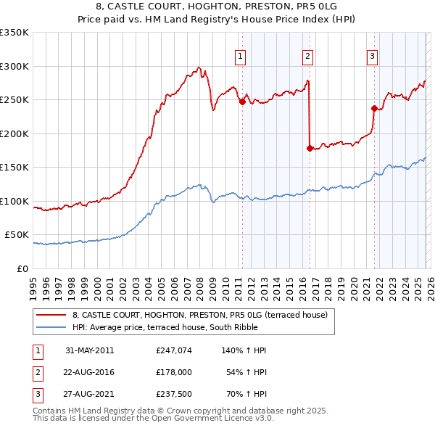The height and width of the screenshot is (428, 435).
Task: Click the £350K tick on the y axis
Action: [x=14, y=33]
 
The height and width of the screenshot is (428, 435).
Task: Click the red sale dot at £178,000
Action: [x=310, y=149]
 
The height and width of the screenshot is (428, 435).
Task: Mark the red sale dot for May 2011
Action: [x=242, y=102]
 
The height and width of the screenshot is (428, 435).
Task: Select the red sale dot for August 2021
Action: [x=375, y=109]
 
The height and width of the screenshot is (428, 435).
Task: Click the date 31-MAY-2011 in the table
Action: [x=89, y=350]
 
